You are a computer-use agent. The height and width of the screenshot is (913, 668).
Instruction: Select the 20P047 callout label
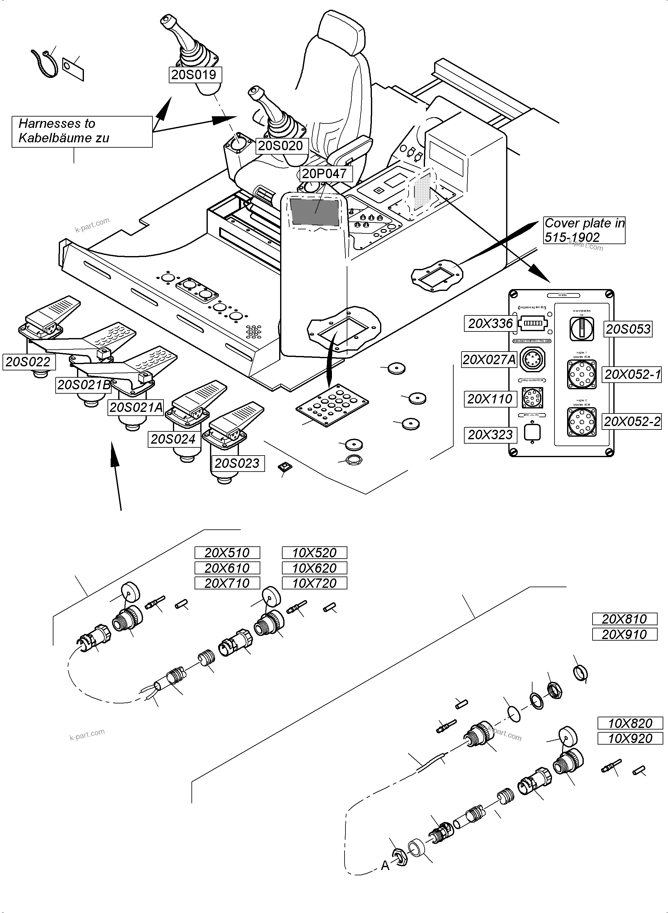pyautogui.click(x=325, y=174)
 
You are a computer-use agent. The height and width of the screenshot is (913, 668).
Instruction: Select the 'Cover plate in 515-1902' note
pyautogui.click(x=583, y=230)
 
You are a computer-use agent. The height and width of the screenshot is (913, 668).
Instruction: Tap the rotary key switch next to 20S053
pyautogui.click(x=582, y=328)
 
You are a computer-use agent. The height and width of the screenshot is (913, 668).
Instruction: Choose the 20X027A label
pyautogui.click(x=489, y=360)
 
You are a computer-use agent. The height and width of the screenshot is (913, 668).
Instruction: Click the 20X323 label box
pyautogui.click(x=490, y=435)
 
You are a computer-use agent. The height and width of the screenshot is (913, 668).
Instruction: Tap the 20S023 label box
pyautogui.click(x=237, y=463)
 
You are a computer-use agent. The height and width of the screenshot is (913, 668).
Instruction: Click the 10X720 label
pyautogui.click(x=314, y=583)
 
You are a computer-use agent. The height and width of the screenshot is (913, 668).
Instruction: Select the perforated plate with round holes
pyautogui.click(x=332, y=405)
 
